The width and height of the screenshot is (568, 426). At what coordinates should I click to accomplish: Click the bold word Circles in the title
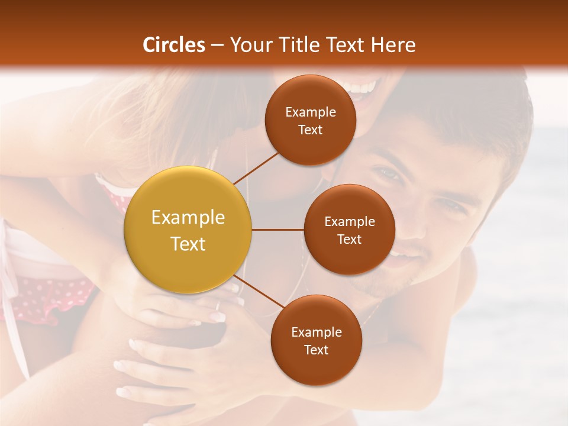(174, 45)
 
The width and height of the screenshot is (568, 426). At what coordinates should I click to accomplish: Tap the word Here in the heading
(393, 45)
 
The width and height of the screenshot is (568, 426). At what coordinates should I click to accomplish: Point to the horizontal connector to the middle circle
(278, 230)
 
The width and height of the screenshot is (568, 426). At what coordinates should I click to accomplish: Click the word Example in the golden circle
(188, 218)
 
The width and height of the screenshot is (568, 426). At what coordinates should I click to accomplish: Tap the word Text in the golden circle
(188, 244)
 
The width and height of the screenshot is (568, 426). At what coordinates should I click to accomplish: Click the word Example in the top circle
(311, 112)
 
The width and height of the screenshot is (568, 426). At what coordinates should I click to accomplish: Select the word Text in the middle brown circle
(349, 239)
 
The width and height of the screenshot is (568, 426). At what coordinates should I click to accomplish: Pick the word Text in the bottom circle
(316, 350)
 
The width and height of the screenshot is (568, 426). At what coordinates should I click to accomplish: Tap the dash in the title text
(217, 45)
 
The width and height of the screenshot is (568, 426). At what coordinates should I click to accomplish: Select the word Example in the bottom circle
(316, 332)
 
